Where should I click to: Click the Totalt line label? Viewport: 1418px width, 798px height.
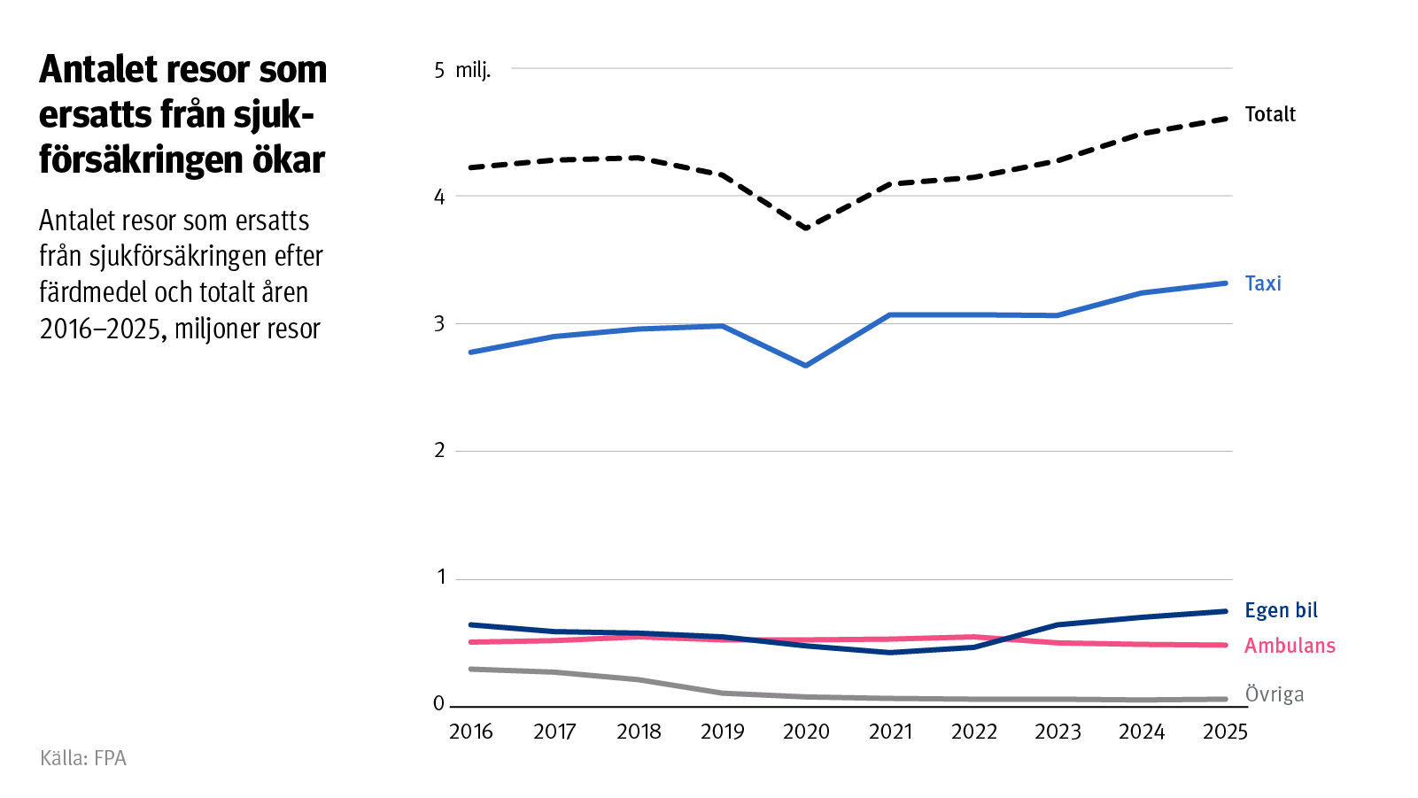1269,114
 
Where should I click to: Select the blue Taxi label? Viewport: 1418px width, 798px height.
1262,283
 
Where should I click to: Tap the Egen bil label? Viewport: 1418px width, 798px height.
1281,610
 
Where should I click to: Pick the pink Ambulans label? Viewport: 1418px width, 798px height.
1289,646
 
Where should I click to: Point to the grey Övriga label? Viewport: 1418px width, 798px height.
1274,693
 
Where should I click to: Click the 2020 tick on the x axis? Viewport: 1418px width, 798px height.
806,732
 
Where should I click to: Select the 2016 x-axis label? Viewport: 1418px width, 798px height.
470,732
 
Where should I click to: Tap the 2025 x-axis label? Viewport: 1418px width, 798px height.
1225,732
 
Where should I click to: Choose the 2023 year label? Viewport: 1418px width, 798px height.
1058,732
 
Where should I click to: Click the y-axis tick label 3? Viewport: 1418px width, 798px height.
439,323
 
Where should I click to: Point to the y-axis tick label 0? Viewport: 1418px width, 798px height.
439,704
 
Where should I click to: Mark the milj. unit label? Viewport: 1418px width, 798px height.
473,71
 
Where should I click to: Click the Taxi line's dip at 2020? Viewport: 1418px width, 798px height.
806,365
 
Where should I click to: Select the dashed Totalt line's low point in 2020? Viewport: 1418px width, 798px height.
806,228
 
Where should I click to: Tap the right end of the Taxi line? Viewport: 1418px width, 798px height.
1225,283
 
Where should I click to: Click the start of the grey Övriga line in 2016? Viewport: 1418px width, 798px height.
471,669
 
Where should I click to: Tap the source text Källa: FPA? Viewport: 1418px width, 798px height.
83,758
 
